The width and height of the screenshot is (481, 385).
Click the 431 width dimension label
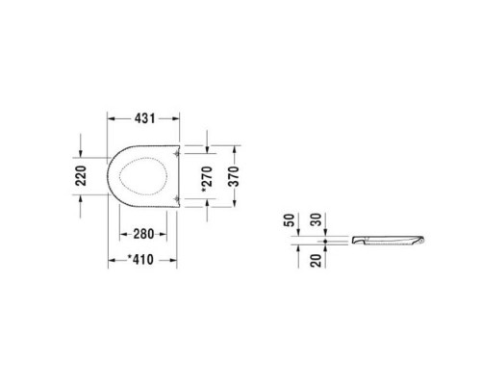143,116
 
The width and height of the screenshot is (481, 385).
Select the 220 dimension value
82,174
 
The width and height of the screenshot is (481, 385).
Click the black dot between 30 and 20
327,240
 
